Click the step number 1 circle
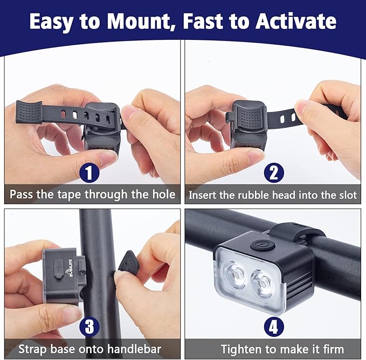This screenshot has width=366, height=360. (x=89, y=173)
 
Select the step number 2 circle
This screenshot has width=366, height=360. (x=273, y=173)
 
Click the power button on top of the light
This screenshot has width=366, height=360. (x=262, y=245)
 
